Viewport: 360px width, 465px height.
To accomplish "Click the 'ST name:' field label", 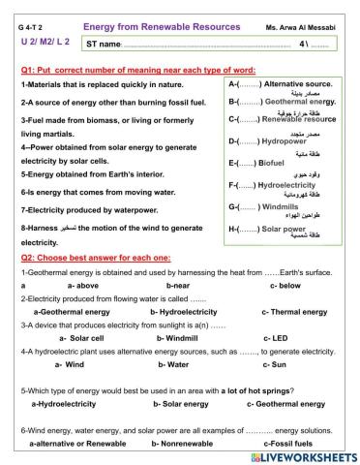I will pyautogui.click(x=105, y=45).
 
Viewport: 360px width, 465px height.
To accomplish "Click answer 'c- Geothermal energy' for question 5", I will pyautogui.click(x=289, y=403).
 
